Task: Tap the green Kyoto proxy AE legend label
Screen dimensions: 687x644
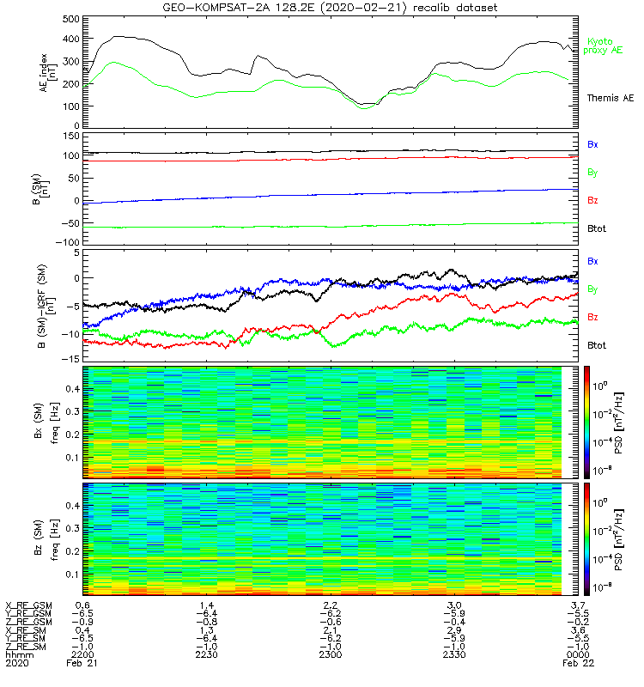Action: [x=605, y=46]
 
